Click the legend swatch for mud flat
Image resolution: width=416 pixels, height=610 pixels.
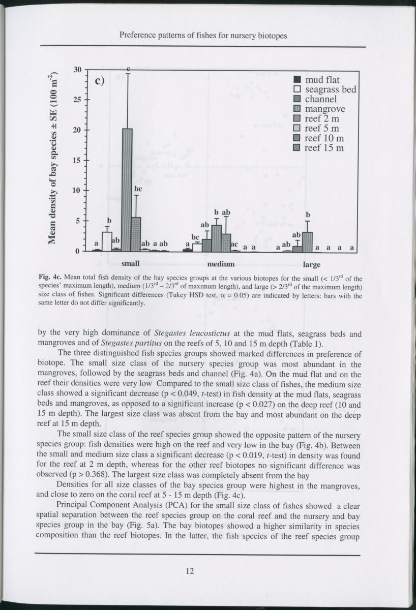click(299, 80)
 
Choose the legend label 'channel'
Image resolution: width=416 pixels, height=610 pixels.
click(320, 100)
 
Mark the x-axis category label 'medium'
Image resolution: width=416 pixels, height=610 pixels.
click(221, 264)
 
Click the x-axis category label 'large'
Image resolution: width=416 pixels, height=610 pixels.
click(311, 264)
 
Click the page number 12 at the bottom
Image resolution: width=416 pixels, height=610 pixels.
click(190, 571)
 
